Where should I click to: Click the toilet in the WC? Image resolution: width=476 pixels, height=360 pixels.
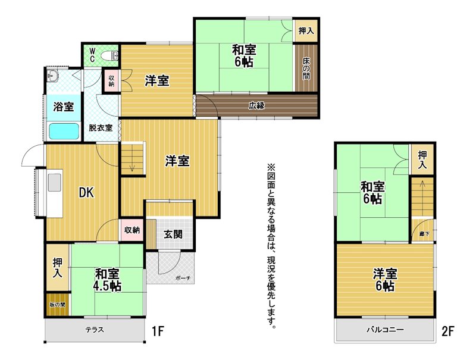click(x=110, y=56)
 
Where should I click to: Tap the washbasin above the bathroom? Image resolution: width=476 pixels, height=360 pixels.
click(x=53, y=76)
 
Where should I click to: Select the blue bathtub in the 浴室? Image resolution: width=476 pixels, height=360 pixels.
click(x=64, y=132)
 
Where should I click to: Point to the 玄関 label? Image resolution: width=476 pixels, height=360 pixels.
click(x=173, y=234)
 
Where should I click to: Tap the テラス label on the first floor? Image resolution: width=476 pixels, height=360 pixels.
click(x=95, y=330)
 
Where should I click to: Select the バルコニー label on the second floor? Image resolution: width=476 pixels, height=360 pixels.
click(x=385, y=330)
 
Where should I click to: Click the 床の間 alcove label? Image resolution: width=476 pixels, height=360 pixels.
click(x=306, y=68)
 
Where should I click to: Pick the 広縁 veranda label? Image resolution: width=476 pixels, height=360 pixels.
click(x=257, y=106)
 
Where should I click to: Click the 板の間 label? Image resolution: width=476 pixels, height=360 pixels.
click(x=57, y=305)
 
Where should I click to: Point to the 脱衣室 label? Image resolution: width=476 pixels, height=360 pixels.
click(x=101, y=128)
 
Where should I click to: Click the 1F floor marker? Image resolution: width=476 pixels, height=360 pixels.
click(x=158, y=331)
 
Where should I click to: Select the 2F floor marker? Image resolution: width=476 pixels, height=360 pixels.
click(x=448, y=331)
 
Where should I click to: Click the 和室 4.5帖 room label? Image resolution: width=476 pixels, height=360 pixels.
click(x=108, y=280)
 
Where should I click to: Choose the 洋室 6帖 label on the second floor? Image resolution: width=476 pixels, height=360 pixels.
click(x=385, y=280)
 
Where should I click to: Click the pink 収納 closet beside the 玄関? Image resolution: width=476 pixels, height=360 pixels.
click(x=132, y=230)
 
